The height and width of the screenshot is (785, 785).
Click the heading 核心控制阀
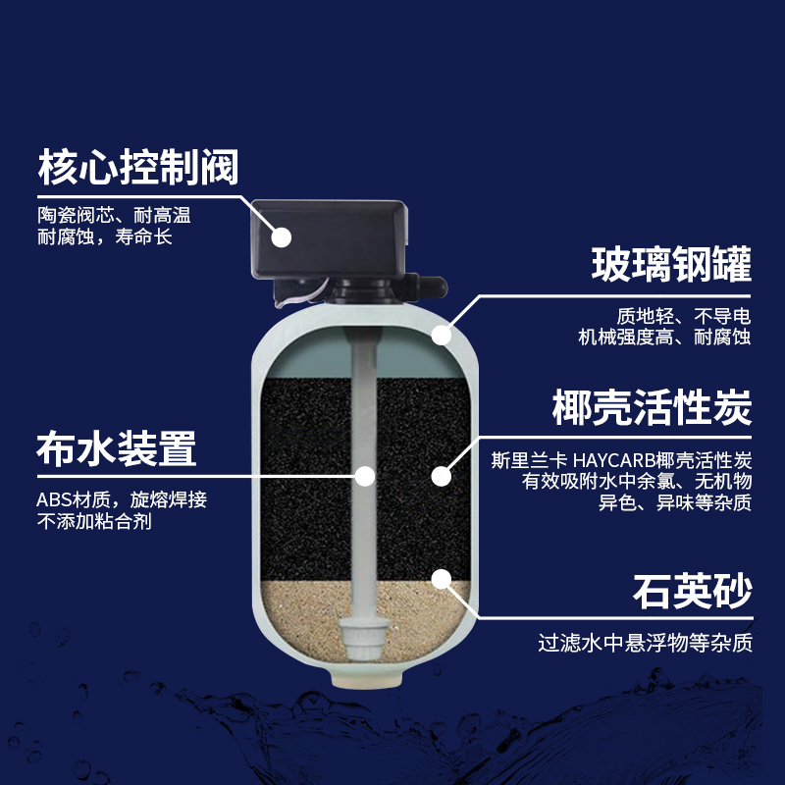click(x=138, y=167)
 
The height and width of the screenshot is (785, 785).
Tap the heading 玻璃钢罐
click(x=671, y=264)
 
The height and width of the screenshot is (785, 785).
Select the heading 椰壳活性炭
click(x=652, y=407)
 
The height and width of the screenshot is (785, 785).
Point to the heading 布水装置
click(x=116, y=448)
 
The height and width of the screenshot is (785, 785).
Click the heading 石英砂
click(x=693, y=592)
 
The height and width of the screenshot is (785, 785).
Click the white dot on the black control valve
click(x=282, y=237)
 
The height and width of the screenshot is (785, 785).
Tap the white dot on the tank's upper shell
click(x=441, y=335)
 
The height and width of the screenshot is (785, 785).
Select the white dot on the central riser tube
click(x=365, y=476)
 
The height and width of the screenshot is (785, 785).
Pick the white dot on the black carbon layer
click(x=441, y=476)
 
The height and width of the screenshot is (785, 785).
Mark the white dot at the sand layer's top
click(x=441, y=579)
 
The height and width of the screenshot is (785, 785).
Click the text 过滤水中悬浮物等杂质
click(x=646, y=643)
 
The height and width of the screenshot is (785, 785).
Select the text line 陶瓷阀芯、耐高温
click(x=114, y=215)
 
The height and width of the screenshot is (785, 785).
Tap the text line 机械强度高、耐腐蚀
click(x=664, y=337)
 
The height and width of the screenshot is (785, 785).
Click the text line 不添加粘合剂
click(x=94, y=521)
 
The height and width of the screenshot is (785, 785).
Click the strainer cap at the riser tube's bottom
click(x=364, y=638)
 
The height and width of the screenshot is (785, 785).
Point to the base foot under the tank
click(x=366, y=679)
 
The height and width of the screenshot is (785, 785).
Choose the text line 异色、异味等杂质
click(x=675, y=502)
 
